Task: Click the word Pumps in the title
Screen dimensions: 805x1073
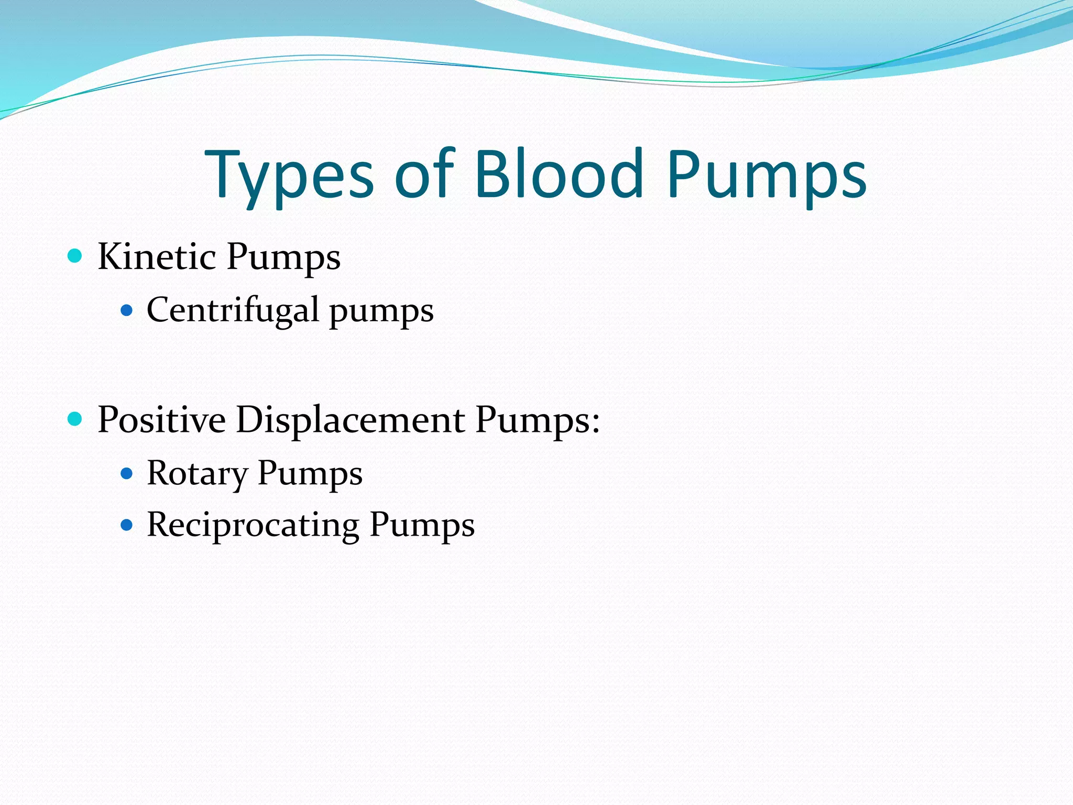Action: (767, 176)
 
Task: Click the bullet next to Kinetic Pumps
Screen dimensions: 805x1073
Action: (75, 256)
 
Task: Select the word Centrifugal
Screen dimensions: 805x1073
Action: (233, 310)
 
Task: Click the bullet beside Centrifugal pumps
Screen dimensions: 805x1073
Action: (126, 310)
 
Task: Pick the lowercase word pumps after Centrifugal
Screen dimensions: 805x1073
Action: (381, 312)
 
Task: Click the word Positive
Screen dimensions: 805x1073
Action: (161, 420)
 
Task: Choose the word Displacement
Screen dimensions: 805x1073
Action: (350, 421)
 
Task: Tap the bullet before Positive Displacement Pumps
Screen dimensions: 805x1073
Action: (75, 419)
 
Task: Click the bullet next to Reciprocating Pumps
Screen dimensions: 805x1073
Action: (126, 525)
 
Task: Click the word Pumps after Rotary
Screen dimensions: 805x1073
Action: (310, 474)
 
